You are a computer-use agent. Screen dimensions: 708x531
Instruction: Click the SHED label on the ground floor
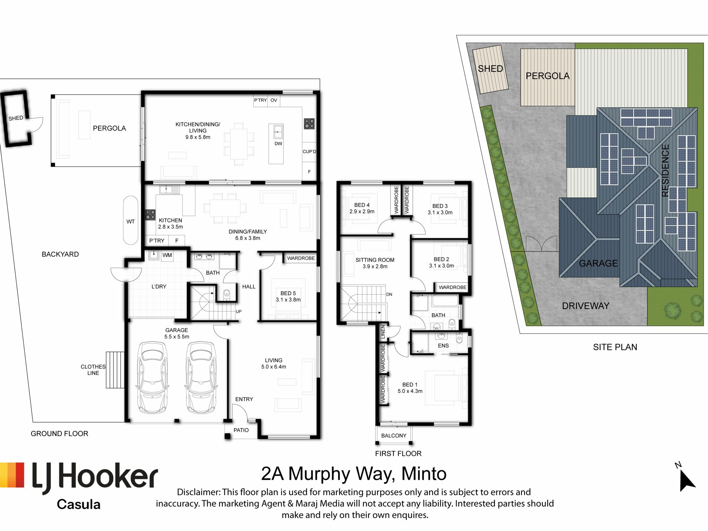pyautogui.click(x=16, y=118)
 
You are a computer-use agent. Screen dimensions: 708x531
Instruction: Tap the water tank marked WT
pyautogui.click(x=131, y=220)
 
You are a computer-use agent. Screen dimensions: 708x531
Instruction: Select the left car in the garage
pyautogui.click(x=152, y=377)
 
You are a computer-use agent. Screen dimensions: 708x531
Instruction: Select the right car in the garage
pyautogui.click(x=201, y=377)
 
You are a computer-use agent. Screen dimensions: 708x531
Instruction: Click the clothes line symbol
pyautogui.click(x=115, y=370)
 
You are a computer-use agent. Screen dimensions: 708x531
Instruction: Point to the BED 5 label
pyautogui.click(x=288, y=293)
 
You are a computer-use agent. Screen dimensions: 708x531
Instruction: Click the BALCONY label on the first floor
pyautogui.click(x=394, y=435)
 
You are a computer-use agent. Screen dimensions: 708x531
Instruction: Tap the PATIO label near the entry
pyautogui.click(x=241, y=430)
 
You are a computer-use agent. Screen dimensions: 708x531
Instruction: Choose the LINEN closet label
pyautogui.click(x=383, y=332)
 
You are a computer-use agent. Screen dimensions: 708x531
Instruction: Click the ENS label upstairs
pyautogui.click(x=443, y=346)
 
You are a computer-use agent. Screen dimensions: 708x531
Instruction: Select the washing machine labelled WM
pyautogui.click(x=167, y=255)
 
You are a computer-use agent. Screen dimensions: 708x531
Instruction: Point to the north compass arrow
pyautogui.click(x=687, y=480)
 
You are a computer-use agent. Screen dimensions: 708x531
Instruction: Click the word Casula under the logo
pyautogui.click(x=79, y=504)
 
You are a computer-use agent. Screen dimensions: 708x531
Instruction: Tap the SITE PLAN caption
pyautogui.click(x=615, y=347)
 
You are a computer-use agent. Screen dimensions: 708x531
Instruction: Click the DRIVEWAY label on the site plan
pyautogui.click(x=586, y=306)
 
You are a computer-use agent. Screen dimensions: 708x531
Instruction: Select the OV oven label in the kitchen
pyautogui.click(x=274, y=100)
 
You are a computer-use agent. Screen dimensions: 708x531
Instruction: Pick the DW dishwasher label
pyautogui.click(x=278, y=143)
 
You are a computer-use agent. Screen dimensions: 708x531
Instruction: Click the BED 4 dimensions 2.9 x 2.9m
pyautogui.click(x=362, y=211)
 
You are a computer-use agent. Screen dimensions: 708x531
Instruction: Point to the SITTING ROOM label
pyautogui.click(x=375, y=260)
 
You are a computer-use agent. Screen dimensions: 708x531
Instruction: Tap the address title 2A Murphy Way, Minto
pyautogui.click(x=354, y=474)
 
